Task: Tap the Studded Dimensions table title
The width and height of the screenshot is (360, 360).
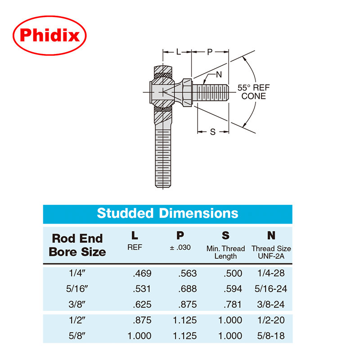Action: (x=167, y=213)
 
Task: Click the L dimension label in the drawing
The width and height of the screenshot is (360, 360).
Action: (x=178, y=52)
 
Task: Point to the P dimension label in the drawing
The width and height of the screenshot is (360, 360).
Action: (x=209, y=52)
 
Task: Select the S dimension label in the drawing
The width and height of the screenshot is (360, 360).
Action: (x=213, y=131)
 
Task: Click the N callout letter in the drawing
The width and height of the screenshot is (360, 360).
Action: (x=219, y=74)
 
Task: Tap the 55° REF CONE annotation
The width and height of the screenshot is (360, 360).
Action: (x=254, y=92)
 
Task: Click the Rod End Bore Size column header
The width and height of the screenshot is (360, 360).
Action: (x=77, y=245)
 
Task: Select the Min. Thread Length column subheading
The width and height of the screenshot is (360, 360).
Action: (x=225, y=252)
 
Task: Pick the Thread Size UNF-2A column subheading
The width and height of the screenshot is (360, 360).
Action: (x=271, y=252)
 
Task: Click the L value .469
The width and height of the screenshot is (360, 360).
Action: (x=142, y=273)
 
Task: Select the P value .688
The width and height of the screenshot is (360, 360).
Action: (x=188, y=288)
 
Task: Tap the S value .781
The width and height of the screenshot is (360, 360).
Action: (x=233, y=304)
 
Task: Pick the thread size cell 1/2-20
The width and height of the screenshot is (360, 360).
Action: (x=271, y=320)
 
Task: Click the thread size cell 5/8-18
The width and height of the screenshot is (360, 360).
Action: (x=271, y=336)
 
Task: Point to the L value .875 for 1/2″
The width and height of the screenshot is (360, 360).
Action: (x=142, y=320)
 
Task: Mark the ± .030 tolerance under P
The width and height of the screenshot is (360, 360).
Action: (x=181, y=248)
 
